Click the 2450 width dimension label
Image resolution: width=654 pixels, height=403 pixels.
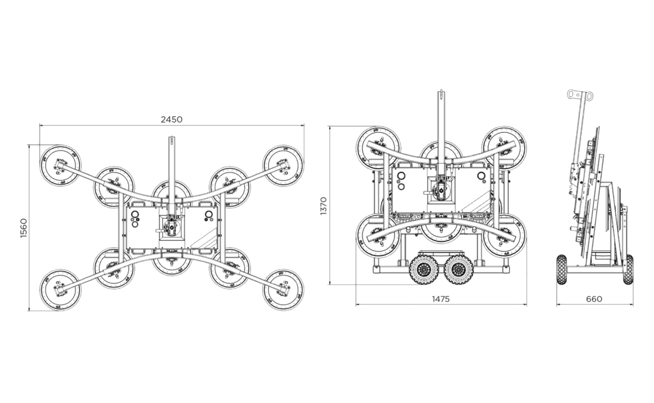click(x=171, y=119)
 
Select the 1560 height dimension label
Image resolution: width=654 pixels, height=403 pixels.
click(x=23, y=228)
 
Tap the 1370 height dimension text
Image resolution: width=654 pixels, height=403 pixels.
click(x=323, y=206)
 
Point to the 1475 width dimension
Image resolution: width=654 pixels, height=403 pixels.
click(x=441, y=299)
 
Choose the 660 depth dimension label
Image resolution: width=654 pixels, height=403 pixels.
click(x=594, y=299)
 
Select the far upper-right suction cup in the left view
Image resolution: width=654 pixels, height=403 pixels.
click(x=283, y=165)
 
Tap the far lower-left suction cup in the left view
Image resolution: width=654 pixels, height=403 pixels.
click(x=60, y=289)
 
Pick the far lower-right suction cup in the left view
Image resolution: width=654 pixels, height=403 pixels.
click(x=283, y=289)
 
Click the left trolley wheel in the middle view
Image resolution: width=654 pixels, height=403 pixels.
click(x=423, y=269)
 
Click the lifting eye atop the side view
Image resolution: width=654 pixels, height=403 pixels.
click(x=580, y=96)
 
